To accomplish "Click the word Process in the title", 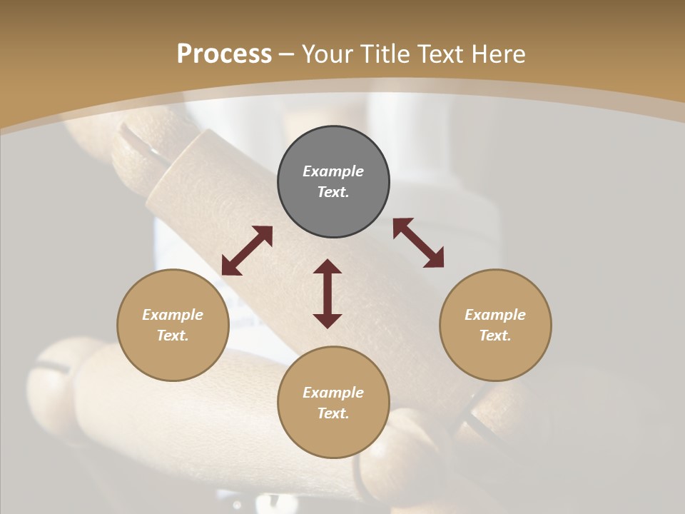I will point(224,54).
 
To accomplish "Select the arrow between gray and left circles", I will point(247,251).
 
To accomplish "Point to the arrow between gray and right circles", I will point(418,243).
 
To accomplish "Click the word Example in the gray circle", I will point(333,171).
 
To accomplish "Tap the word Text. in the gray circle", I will point(333,192).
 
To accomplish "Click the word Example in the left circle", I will point(173,315).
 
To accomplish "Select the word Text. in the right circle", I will point(495,336).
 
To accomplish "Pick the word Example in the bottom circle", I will point(333,393).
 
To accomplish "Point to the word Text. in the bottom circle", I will point(333,413).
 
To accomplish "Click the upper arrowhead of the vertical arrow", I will point(328,267).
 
